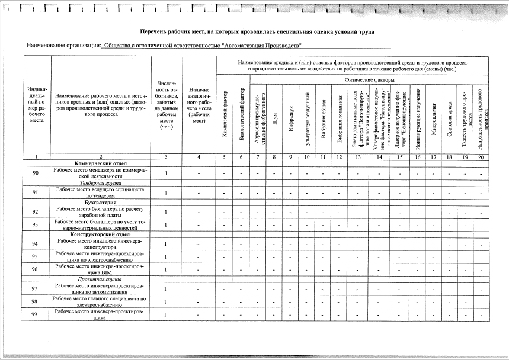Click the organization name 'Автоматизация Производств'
[x=202, y=46]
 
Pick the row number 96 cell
[x=36, y=269]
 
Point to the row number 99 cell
[x=36, y=314]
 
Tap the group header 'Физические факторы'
[x=369, y=79]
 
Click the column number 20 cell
[x=482, y=157]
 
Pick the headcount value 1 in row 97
[x=166, y=288]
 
